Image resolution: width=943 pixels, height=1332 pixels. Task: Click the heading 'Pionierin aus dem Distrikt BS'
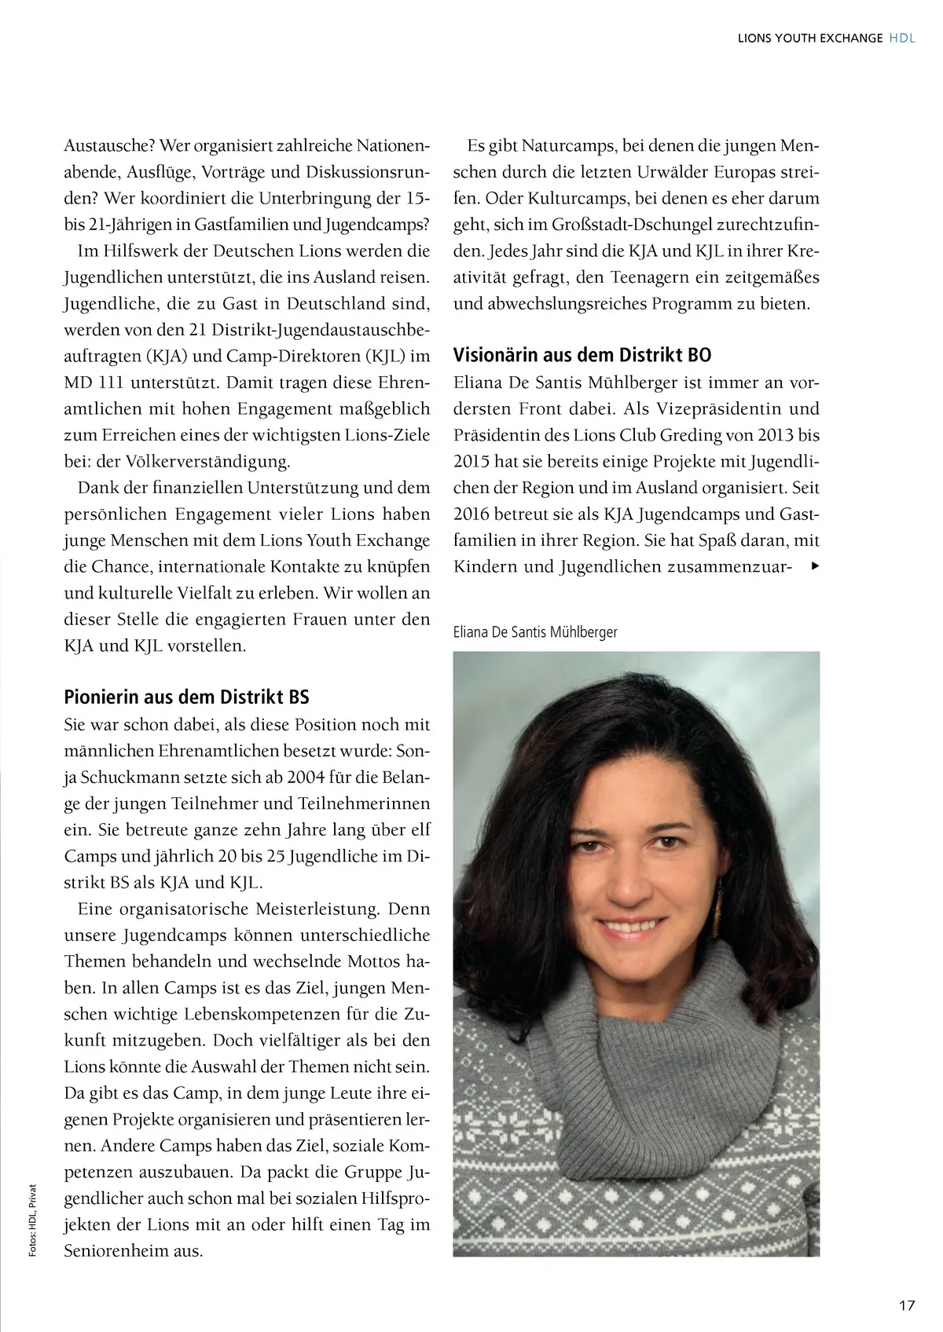pos(186,697)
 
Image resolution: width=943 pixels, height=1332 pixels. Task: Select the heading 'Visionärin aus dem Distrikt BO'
pos(582,355)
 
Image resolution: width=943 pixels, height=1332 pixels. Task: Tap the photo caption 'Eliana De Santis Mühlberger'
pos(535,631)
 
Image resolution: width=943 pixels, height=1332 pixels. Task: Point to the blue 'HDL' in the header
pos(902,38)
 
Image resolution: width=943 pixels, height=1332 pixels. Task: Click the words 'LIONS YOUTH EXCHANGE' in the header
pos(810,38)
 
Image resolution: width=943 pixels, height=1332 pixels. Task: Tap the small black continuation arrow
pos(814,565)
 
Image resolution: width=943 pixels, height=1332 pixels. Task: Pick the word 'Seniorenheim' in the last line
pos(117,1251)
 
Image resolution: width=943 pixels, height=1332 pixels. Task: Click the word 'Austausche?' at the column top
pos(106,147)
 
